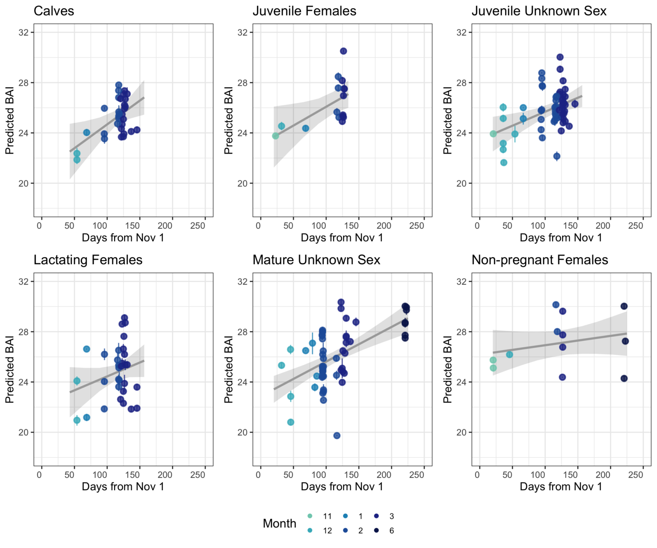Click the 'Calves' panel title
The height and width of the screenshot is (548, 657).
click(54, 11)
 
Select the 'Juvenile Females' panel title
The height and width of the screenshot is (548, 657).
click(304, 11)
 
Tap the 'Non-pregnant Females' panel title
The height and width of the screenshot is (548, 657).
click(539, 260)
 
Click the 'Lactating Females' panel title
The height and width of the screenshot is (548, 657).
click(88, 260)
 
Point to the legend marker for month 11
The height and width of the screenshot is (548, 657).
click(310, 516)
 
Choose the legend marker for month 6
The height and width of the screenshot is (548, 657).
click(376, 530)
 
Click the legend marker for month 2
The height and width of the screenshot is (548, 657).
click(346, 530)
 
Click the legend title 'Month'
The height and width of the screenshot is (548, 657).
click(279, 523)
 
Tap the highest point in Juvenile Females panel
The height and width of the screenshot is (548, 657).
click(343, 51)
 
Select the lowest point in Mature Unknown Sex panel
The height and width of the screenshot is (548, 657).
click(337, 435)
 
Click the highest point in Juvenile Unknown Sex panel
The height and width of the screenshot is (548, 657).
click(560, 57)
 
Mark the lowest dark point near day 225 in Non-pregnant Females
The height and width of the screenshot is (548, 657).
click(624, 378)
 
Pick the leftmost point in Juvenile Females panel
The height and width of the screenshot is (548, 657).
click(275, 136)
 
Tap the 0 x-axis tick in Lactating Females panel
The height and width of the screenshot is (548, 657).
click(40, 475)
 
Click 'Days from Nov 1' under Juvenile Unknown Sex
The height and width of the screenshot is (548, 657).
click(561, 238)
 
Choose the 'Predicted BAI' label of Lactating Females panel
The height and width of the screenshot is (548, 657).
click(9, 369)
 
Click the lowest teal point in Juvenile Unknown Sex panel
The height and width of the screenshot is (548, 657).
click(504, 163)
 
